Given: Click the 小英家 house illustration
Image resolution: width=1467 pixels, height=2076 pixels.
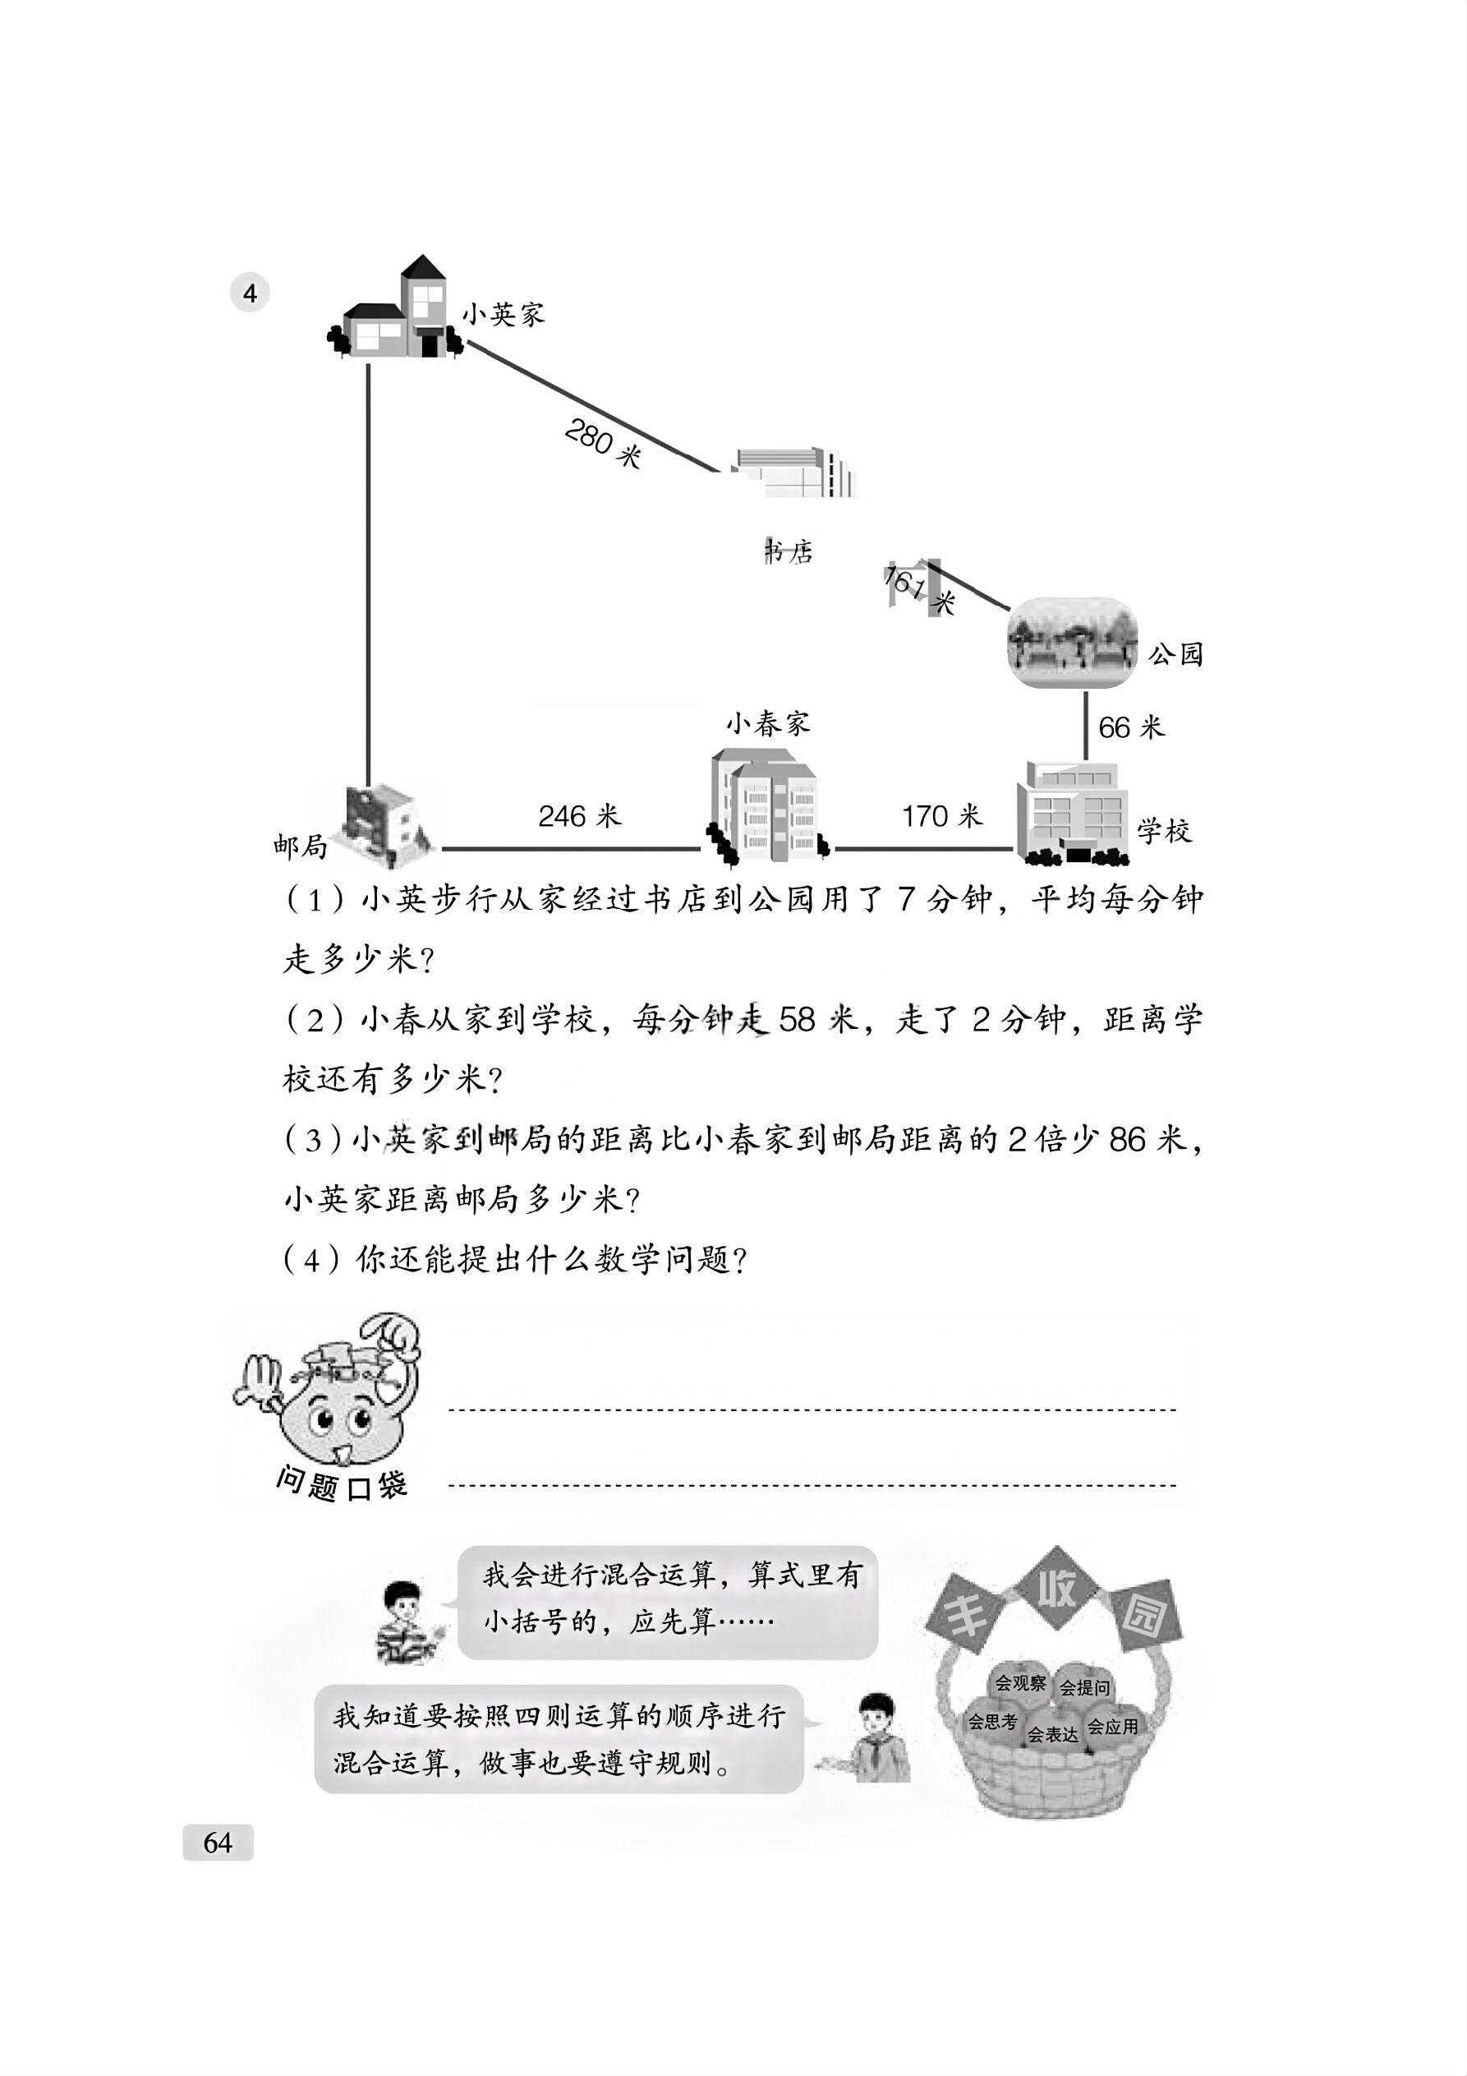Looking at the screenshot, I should (396, 309).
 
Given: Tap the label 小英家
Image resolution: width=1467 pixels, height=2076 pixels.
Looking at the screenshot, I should (504, 315).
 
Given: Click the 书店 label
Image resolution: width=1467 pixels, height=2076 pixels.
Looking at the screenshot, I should (789, 551).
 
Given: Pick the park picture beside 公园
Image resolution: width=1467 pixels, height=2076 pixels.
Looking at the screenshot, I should (1072, 641).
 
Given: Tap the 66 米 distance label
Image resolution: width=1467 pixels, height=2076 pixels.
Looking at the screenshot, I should (1131, 727).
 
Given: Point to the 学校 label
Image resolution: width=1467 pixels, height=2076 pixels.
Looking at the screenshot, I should (1164, 831).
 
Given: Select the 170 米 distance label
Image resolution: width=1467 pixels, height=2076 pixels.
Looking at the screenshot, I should (941, 816).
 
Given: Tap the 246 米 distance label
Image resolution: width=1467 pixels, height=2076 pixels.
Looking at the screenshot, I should (579, 816).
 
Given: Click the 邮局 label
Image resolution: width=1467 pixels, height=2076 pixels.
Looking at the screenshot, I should (300, 847).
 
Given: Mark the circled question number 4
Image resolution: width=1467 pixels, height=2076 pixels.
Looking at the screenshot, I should (250, 293).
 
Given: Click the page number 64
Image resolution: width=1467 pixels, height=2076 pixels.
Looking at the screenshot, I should (218, 1842).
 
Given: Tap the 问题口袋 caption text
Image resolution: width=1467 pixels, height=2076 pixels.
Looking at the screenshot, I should (342, 1484).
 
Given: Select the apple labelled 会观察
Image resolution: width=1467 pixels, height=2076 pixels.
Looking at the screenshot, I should (1019, 1684).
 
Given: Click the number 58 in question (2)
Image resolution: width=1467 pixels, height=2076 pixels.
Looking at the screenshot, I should (796, 1020).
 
